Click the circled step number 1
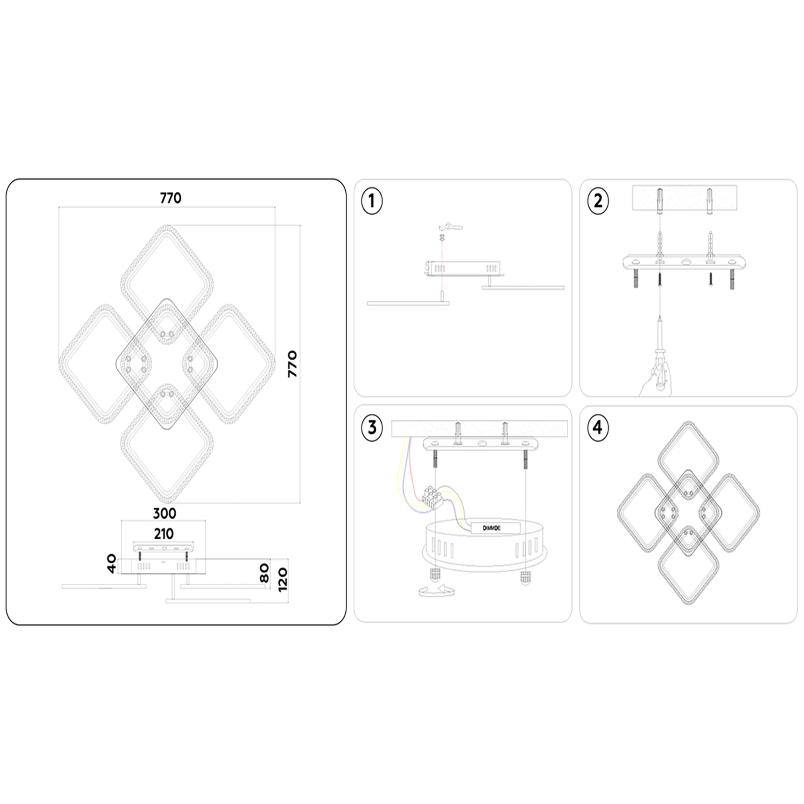click(372, 202)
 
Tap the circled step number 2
click(598, 201)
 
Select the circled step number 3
click(372, 428)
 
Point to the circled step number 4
click(598, 428)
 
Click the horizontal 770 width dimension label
click(170, 198)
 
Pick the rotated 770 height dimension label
click(292, 364)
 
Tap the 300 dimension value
click(164, 513)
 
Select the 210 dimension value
click(163, 534)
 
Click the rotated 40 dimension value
click(111, 564)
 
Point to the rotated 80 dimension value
click(264, 574)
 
